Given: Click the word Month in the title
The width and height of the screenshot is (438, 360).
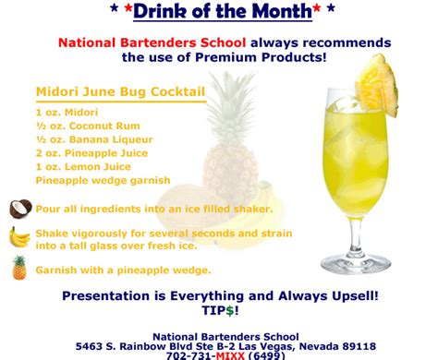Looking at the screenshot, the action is coord(282,11).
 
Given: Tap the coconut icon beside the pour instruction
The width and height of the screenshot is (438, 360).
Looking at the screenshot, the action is coord(20,209).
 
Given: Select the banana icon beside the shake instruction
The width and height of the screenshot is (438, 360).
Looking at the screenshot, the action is coord(19,238).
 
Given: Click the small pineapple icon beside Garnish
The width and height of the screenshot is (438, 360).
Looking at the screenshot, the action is coord(19,268).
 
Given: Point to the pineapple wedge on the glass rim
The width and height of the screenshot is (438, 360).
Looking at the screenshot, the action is coord(376,86).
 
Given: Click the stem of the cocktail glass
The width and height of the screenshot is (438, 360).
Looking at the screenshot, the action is coord(356,236).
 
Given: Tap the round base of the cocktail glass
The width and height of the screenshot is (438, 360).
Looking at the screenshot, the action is coord(356,264).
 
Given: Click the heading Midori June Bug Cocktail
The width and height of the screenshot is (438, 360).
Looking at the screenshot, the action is coord(120,91).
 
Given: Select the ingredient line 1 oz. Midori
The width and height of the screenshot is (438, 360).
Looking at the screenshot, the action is coord(67,113).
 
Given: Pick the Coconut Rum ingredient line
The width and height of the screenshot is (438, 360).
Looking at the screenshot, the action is coord(88,126).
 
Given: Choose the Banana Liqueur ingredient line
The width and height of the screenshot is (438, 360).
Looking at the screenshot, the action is coord(94,139).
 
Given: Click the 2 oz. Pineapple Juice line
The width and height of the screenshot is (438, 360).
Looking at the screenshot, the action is coord(91,153).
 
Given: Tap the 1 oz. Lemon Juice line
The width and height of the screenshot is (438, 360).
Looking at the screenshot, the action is coord(83,167).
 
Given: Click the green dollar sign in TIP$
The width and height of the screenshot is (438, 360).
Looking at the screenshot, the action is coord(230,310).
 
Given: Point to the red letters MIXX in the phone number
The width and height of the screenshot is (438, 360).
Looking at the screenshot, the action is coord(230,355).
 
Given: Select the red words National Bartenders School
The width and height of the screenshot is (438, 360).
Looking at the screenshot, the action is coord(152,42).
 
